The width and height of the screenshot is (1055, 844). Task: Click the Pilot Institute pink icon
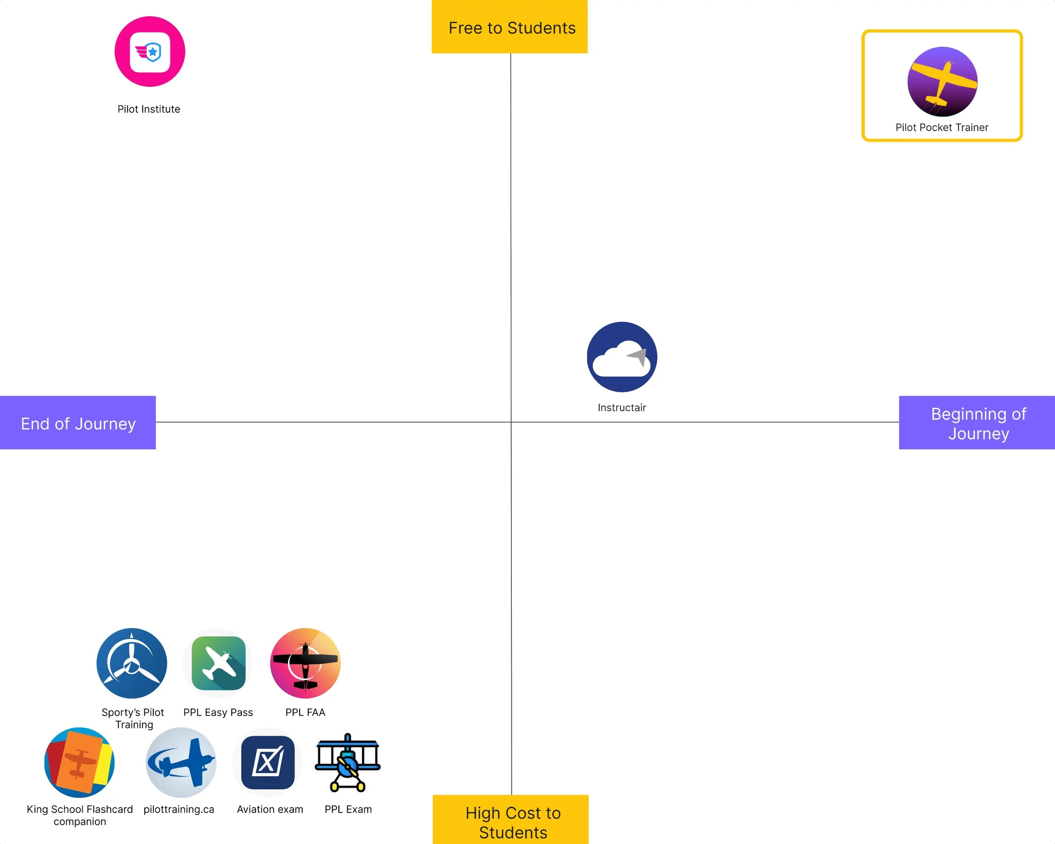click(x=150, y=51)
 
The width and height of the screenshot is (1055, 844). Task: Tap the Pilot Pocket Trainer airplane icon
click(x=942, y=82)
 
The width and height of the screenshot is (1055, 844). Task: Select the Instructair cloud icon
click(x=622, y=356)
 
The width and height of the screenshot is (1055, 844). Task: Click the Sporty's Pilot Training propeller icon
click(x=132, y=663)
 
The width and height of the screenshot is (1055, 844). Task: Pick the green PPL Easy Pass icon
click(x=218, y=663)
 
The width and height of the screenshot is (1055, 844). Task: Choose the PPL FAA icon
click(x=306, y=663)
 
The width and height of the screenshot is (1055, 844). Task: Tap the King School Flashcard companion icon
click(x=79, y=762)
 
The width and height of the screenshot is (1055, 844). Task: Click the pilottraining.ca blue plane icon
click(x=181, y=762)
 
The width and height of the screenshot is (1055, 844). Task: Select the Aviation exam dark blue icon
click(x=268, y=762)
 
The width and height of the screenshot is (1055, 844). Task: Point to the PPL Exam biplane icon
click(x=347, y=762)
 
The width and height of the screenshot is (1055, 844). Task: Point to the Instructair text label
click(x=622, y=407)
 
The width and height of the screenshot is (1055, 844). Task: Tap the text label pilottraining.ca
click(x=179, y=809)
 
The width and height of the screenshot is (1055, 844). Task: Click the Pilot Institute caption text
click(x=149, y=109)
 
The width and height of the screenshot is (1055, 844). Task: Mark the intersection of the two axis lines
click(x=511, y=421)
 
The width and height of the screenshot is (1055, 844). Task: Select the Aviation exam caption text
click(x=270, y=809)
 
